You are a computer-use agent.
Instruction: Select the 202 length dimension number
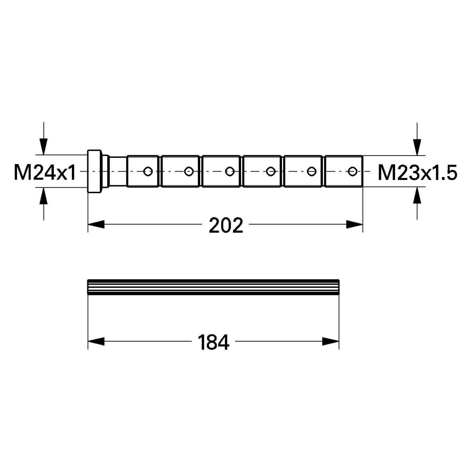[226, 225]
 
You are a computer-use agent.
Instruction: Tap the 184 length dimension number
[214, 342]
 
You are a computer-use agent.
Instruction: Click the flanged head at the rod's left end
[94, 171]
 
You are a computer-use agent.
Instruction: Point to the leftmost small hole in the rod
[148, 171]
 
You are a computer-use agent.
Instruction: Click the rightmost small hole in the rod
[352, 171]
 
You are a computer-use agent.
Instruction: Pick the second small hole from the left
[188, 171]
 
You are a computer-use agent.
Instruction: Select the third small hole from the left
[229, 171]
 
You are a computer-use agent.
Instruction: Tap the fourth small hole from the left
[270, 171]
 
